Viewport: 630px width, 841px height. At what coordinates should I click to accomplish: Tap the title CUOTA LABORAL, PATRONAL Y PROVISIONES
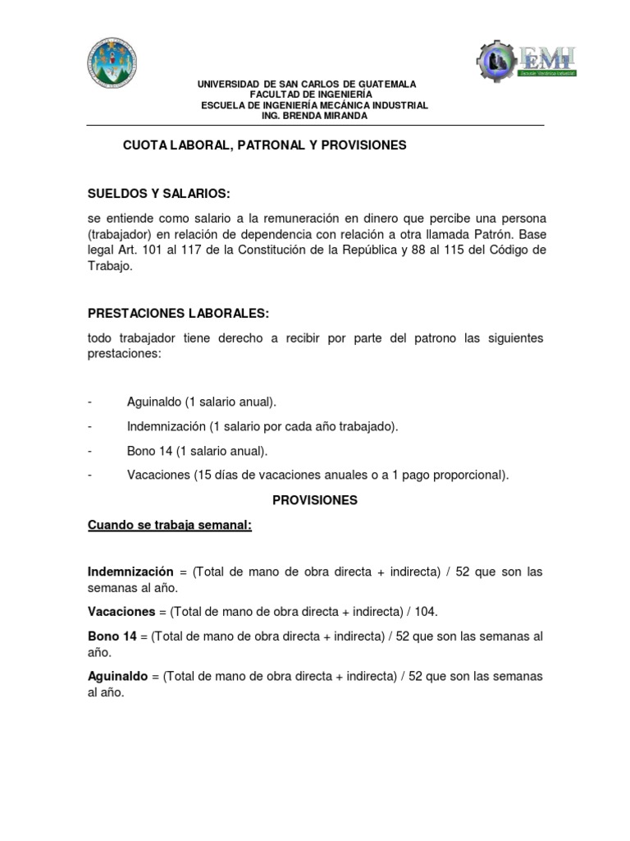point(264,145)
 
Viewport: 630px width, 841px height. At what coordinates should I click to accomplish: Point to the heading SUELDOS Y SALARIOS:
point(159,194)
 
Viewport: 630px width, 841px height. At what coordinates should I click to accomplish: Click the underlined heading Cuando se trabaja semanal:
point(170,526)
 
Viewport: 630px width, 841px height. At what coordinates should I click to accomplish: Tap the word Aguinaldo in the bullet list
point(154,402)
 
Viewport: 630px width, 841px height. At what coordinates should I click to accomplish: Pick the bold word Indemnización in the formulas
point(130,572)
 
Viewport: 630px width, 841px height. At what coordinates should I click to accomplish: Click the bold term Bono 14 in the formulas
point(112,636)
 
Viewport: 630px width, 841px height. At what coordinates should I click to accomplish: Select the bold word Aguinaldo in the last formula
point(116,677)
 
